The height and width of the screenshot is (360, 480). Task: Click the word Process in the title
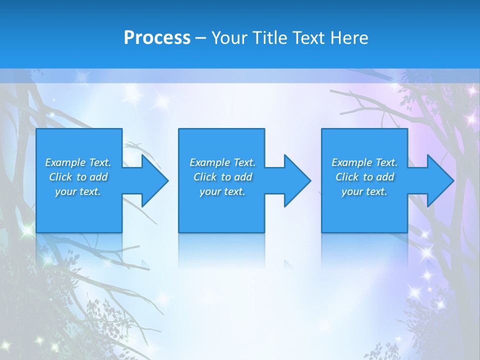[x=157, y=38]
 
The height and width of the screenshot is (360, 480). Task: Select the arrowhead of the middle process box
[x=296, y=181]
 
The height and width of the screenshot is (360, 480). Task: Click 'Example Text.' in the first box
[x=78, y=162]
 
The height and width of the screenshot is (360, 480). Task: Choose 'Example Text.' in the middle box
[x=222, y=162]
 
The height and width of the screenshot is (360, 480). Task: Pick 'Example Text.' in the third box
[x=364, y=162]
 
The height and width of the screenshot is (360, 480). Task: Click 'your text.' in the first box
[x=78, y=191]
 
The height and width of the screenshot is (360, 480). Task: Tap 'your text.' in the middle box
[x=222, y=191]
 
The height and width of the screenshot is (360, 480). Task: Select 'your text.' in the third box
[x=364, y=191]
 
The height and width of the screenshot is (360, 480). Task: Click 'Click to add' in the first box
[x=78, y=177]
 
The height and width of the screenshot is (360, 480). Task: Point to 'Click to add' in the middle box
[x=222, y=177]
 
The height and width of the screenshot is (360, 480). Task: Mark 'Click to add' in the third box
[x=364, y=177]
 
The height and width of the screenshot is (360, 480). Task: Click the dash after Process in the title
[x=200, y=38]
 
